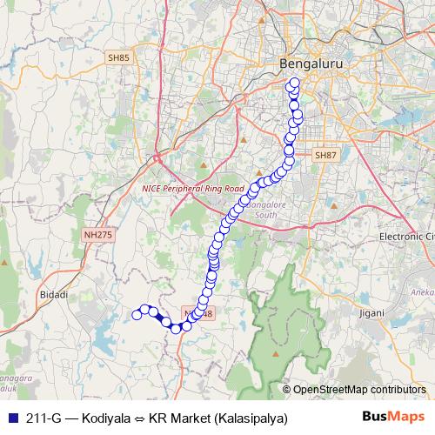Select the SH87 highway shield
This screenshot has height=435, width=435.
coord(324,155)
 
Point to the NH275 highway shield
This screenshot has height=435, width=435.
coord(98,234)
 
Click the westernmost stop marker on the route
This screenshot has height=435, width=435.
coord(137,315)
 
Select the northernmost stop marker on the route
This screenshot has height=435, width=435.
coord(294,84)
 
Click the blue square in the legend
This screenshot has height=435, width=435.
coord(10,417)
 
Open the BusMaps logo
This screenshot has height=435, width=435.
coord(393,417)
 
